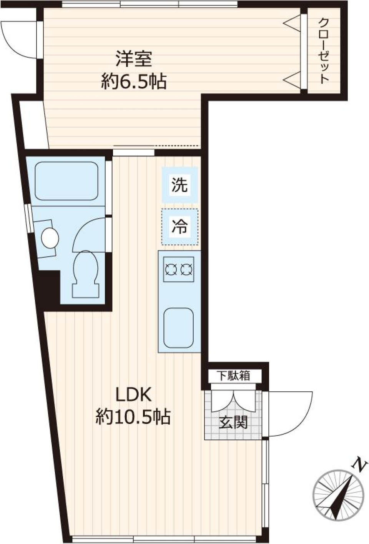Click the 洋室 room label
pyautogui.click(x=134, y=59)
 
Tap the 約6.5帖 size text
pyautogui.click(x=134, y=82)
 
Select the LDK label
pyautogui.click(x=135, y=394)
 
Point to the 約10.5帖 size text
pyautogui.click(x=133, y=416)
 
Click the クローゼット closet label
pyautogui.click(x=324, y=51)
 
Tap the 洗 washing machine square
pyautogui.click(x=180, y=185)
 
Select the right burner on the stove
pyautogui.click(x=186, y=269)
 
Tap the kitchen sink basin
pyautogui.click(x=178, y=327)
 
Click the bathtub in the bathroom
pyautogui.click(x=66, y=180)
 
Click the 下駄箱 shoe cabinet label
pyautogui.click(x=233, y=375)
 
